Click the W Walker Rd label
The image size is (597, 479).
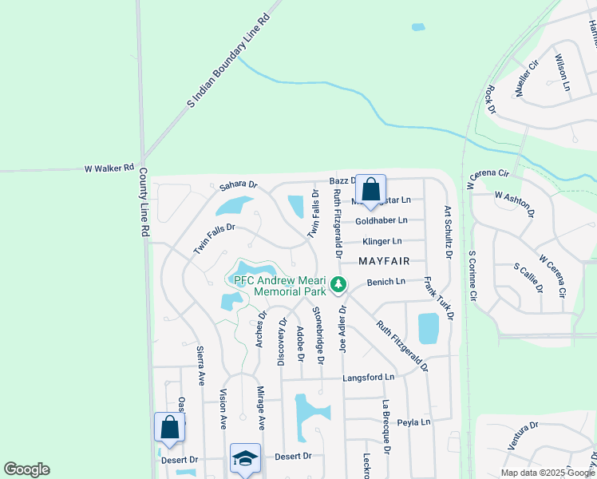109,168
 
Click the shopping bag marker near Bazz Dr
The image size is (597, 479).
370,190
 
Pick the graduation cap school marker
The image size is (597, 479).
245,457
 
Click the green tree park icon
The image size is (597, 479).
338,283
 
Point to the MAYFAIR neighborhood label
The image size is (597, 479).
384,261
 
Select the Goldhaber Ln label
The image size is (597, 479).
382,220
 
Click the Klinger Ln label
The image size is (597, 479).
382,241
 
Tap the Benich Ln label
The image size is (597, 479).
386,282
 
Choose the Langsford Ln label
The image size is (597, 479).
369,377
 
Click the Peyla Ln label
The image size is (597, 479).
414,422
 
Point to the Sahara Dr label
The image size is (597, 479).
239,186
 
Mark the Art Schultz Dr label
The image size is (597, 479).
448,232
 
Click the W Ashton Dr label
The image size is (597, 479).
513,201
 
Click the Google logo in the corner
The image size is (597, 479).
26,469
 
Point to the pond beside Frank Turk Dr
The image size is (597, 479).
429,328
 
